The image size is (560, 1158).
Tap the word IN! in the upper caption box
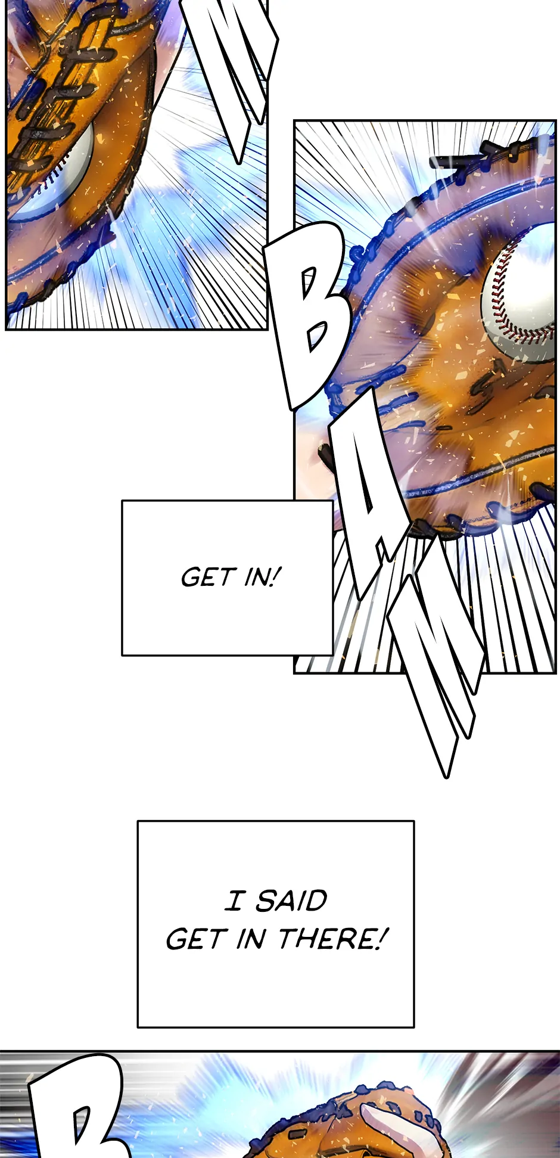[263, 576]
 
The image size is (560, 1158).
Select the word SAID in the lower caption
[291, 901]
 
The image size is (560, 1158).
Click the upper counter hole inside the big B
[309, 282]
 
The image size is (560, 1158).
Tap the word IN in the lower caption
[251, 939]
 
